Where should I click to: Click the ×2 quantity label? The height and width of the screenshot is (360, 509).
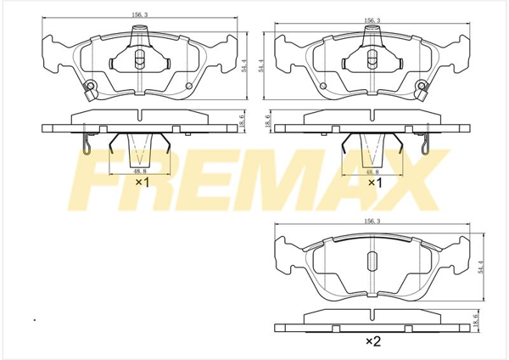[x=373, y=341]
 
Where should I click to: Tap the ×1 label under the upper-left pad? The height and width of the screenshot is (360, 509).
[x=143, y=183]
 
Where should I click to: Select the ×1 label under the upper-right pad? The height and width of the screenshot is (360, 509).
[x=375, y=183]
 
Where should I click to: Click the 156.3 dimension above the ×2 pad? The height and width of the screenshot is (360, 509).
[x=373, y=221]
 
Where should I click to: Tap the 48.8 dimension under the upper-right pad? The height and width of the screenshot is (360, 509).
[x=372, y=172]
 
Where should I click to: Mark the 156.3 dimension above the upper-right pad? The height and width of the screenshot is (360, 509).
[x=373, y=20]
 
